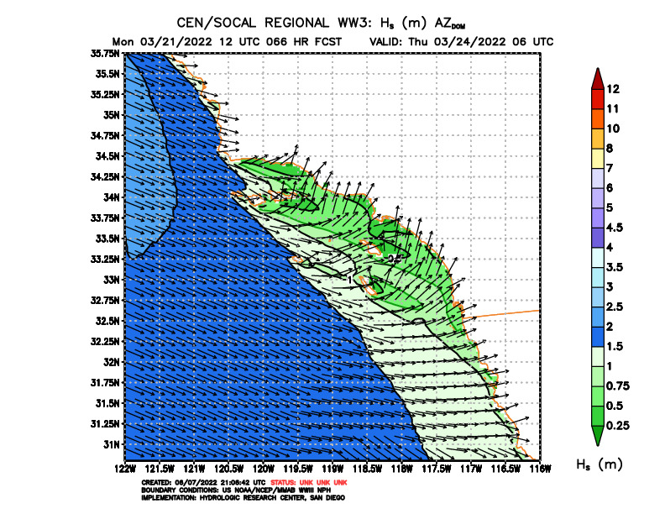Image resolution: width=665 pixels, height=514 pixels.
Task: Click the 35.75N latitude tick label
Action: coord(107,53)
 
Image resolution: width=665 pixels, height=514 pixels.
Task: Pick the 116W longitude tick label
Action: coord(540,467)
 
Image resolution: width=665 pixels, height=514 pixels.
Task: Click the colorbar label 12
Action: coord(613,89)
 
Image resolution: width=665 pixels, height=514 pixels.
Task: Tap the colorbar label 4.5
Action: coord(615,228)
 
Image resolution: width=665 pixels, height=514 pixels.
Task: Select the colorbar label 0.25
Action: coord(617,426)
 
